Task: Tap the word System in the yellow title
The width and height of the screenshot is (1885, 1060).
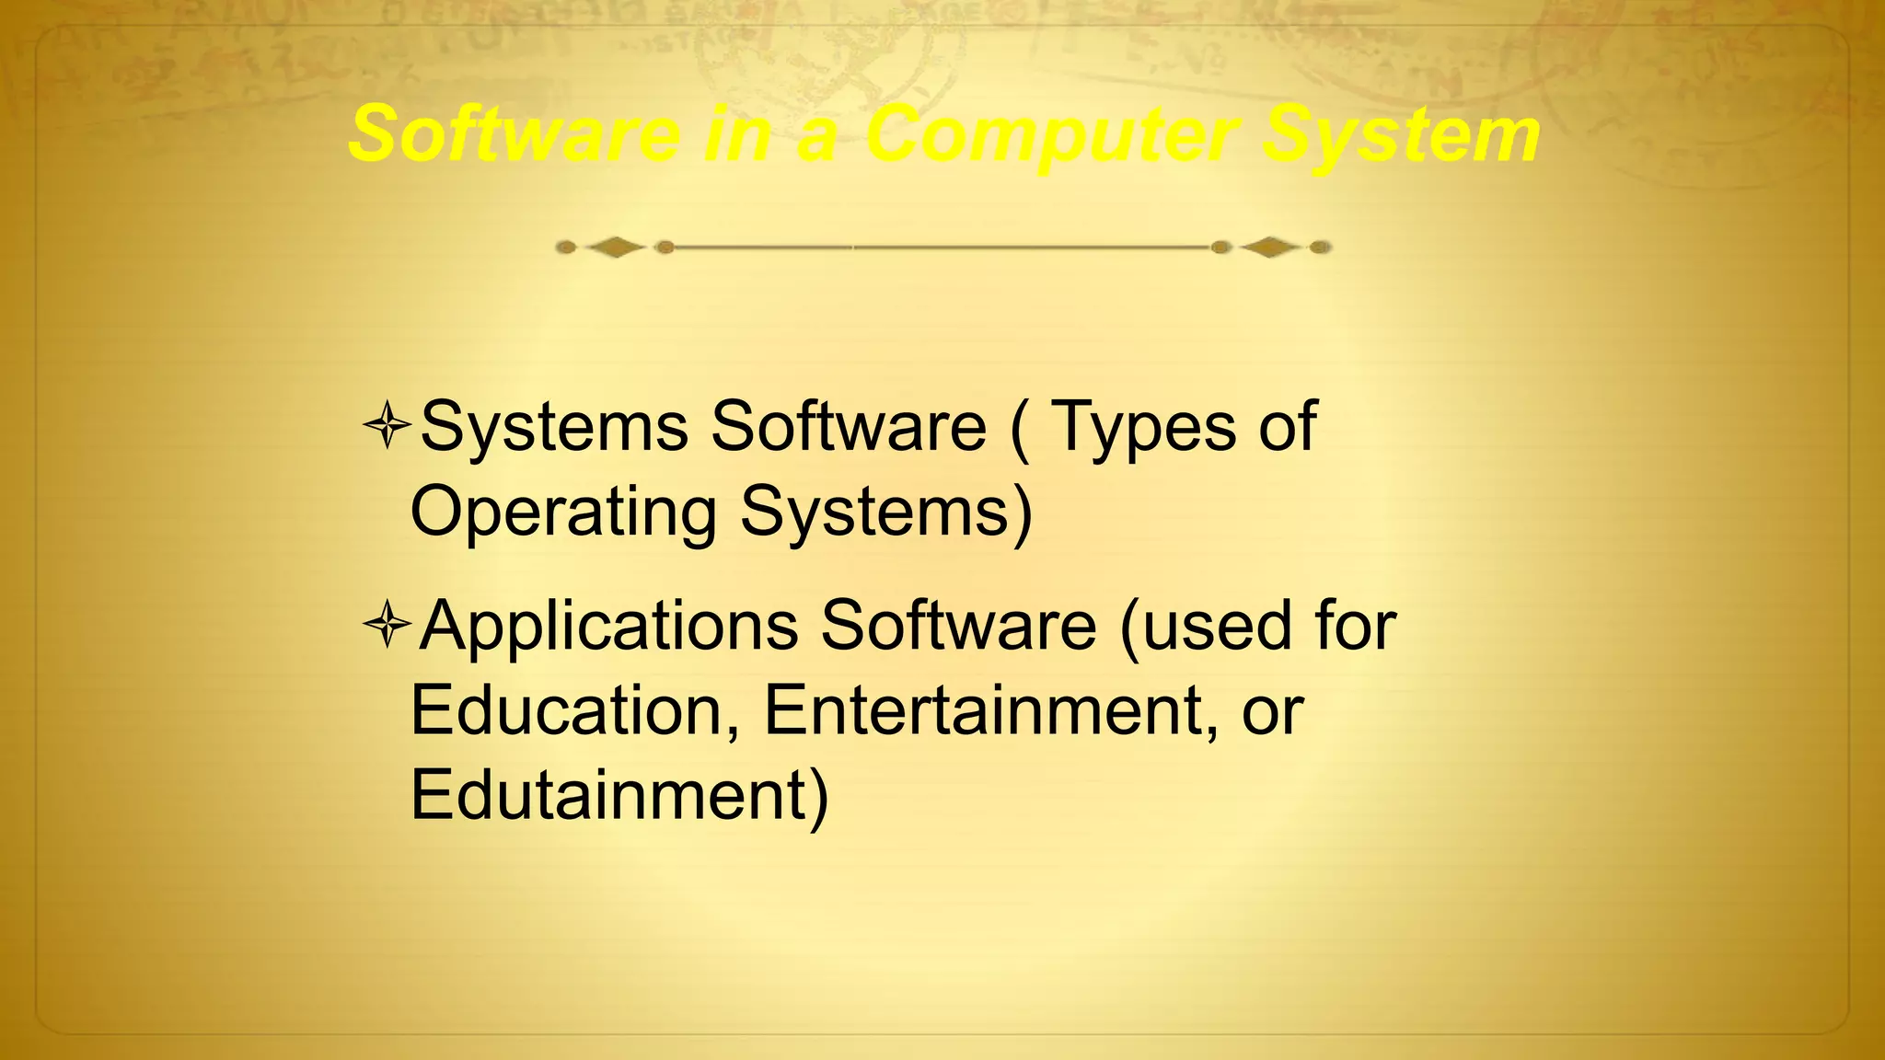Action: (x=1400, y=135)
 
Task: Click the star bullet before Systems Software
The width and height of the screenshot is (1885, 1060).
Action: (x=387, y=425)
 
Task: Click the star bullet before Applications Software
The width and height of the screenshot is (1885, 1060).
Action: (x=387, y=625)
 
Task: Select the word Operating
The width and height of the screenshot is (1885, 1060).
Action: (x=562, y=512)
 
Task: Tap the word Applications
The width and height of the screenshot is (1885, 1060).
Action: (x=608, y=627)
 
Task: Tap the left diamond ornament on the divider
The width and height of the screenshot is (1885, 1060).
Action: (x=615, y=247)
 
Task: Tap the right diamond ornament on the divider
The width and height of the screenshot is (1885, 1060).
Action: (x=1269, y=247)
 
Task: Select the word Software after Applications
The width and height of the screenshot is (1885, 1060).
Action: (x=958, y=627)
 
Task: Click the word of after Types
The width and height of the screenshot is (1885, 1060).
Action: (x=1288, y=427)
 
